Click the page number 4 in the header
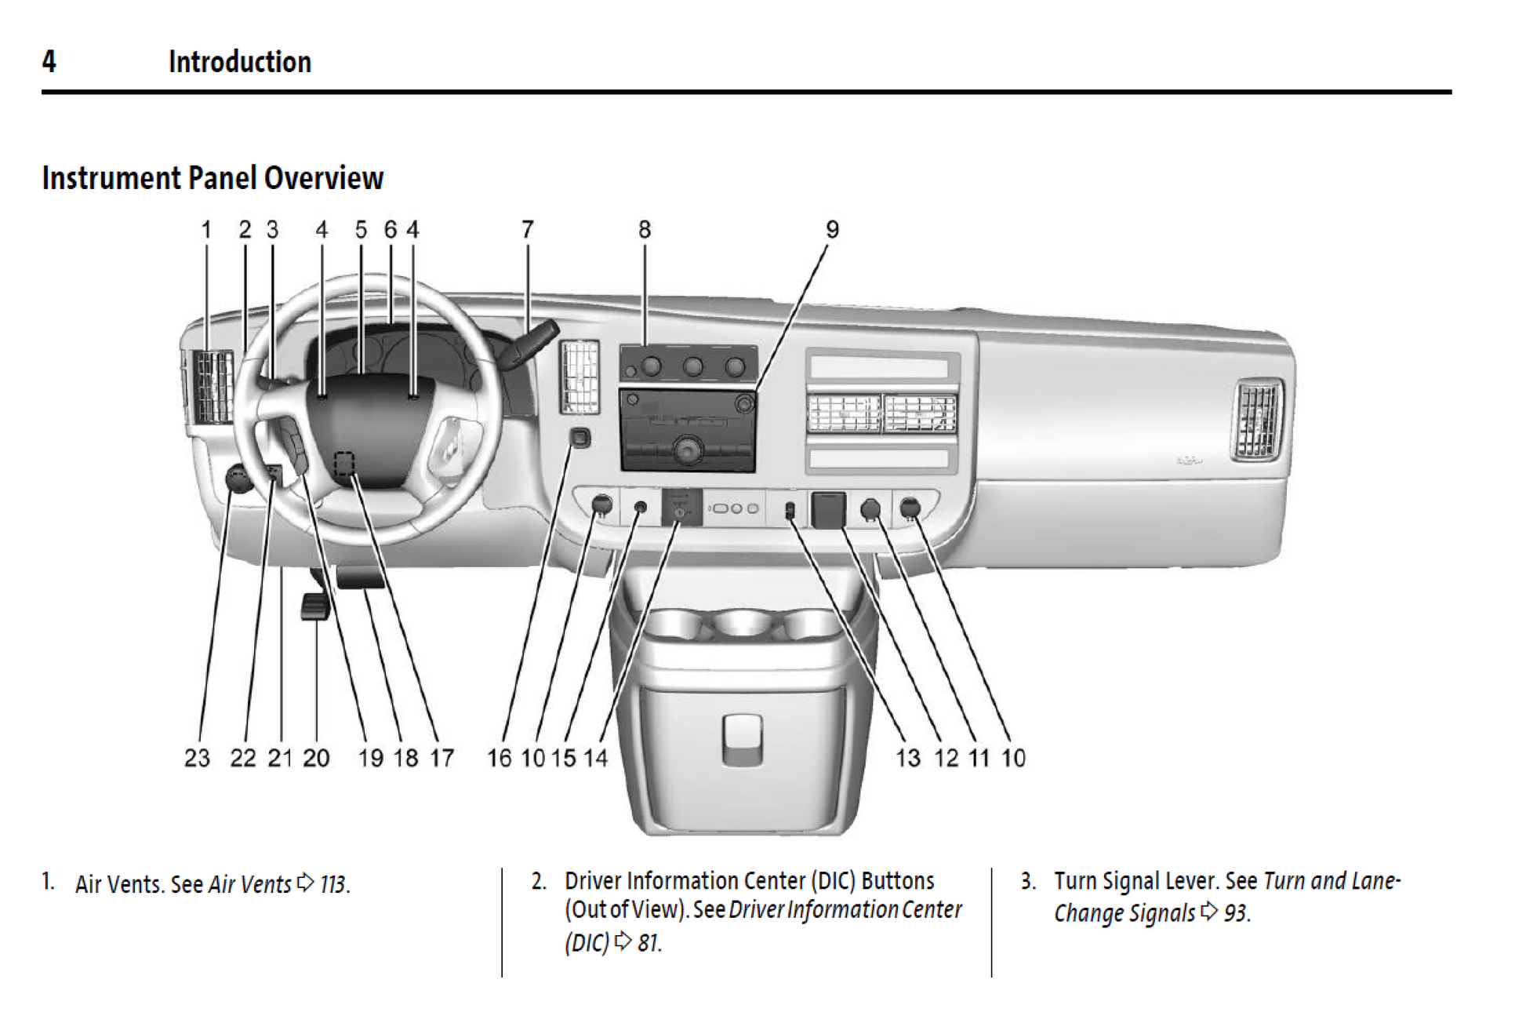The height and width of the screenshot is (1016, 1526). point(49,61)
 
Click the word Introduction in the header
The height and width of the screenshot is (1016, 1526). point(239,62)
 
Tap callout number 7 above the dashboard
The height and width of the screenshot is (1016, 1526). point(527,230)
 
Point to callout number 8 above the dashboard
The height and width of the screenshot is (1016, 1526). point(644,230)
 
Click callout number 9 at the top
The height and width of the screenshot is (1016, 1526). point(832,230)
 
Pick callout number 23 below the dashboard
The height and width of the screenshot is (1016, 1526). point(197,758)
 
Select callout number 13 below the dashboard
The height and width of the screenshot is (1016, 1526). point(908,758)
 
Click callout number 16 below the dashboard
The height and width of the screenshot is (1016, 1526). point(499,758)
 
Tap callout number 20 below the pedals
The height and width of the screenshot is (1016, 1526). point(316,758)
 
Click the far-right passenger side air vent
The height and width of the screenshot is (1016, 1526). point(1257,418)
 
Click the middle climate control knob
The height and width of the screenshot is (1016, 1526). point(692,366)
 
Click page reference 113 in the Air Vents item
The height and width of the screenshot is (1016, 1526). point(333,885)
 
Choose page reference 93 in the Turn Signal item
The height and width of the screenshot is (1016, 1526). point(1236,913)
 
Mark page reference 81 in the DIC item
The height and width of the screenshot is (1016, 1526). point(649,942)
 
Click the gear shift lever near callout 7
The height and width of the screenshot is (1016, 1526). point(529,345)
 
